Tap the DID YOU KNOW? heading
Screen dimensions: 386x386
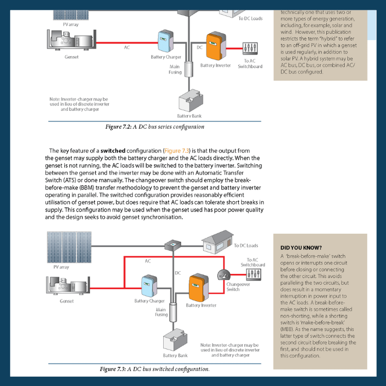point(301,248)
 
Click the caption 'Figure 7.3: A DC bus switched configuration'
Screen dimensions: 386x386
point(154,369)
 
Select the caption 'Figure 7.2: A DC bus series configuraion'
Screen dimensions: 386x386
point(155,127)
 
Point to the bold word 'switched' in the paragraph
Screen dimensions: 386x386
point(113,151)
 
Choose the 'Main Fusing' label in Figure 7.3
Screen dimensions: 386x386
point(161,312)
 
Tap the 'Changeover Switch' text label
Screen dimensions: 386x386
point(237,287)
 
